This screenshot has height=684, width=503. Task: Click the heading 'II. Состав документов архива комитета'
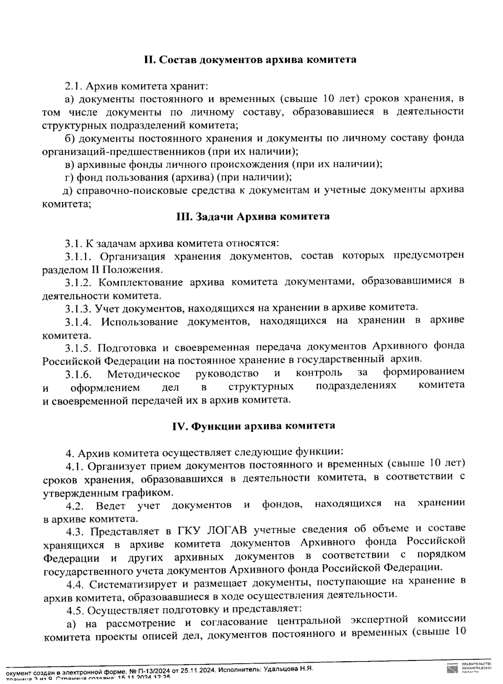(250, 60)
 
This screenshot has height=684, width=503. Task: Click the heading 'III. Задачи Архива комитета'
(252, 217)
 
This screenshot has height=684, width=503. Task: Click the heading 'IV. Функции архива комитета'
(253, 426)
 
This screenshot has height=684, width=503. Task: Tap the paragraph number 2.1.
(74, 86)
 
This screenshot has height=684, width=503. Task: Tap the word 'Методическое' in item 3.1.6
(143, 373)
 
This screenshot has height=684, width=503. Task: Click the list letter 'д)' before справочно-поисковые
(68, 191)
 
